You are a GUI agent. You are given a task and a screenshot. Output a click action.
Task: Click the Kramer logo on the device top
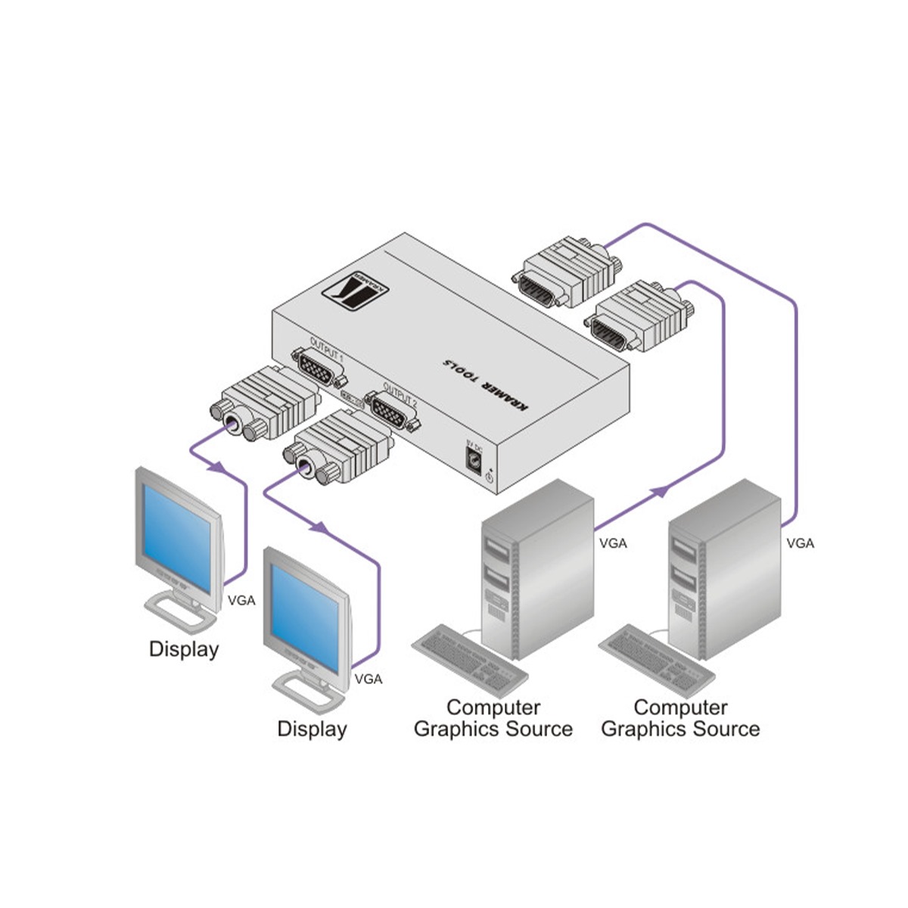[359, 289]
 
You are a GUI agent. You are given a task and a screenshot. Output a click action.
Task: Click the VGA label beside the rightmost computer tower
[800, 543]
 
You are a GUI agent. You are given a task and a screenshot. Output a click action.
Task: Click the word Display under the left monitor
[184, 648]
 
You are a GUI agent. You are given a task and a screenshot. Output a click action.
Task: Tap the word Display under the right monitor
[312, 729]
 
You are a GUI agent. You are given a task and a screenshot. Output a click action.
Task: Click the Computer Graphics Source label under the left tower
[493, 718]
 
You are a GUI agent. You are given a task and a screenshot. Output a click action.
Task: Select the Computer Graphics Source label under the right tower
[680, 718]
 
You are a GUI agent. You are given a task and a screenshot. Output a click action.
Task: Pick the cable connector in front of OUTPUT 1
[264, 404]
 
